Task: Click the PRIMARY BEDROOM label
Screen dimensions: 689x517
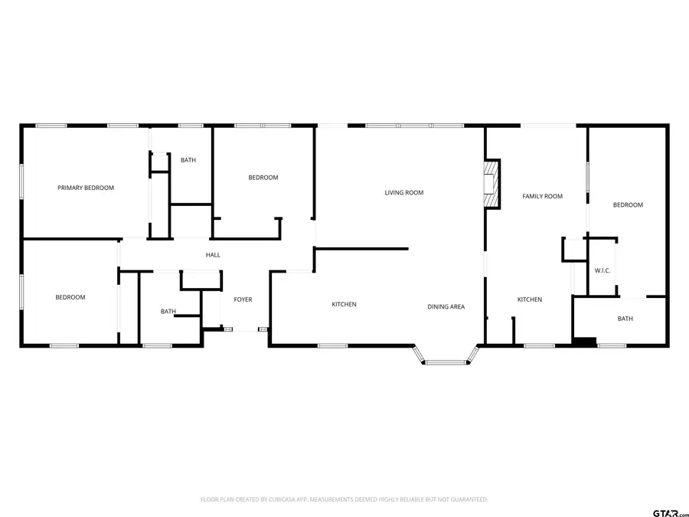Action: click(x=86, y=188)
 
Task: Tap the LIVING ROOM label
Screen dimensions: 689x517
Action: click(x=403, y=192)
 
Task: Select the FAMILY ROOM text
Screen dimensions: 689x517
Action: click(x=542, y=196)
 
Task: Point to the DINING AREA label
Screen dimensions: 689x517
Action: click(x=446, y=306)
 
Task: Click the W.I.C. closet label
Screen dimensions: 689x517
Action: click(x=602, y=270)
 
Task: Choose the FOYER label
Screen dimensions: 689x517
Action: click(x=243, y=299)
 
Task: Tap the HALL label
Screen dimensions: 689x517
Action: click(x=213, y=254)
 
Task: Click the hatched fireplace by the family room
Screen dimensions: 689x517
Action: click(x=492, y=184)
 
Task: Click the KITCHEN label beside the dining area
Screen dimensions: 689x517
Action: click(x=344, y=304)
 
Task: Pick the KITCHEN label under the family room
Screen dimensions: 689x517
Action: click(x=530, y=299)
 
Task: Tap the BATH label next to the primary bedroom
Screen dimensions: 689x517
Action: click(x=188, y=160)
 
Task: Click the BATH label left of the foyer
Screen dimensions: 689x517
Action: click(x=168, y=311)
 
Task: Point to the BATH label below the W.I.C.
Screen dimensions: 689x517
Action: click(x=625, y=319)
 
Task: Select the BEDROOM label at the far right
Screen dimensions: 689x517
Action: click(x=628, y=205)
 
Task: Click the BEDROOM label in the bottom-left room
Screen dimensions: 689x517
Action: click(x=70, y=297)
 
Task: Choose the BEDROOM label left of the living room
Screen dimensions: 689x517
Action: click(x=263, y=178)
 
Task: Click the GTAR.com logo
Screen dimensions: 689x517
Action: click(x=671, y=512)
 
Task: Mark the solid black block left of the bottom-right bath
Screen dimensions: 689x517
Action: click(x=584, y=342)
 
